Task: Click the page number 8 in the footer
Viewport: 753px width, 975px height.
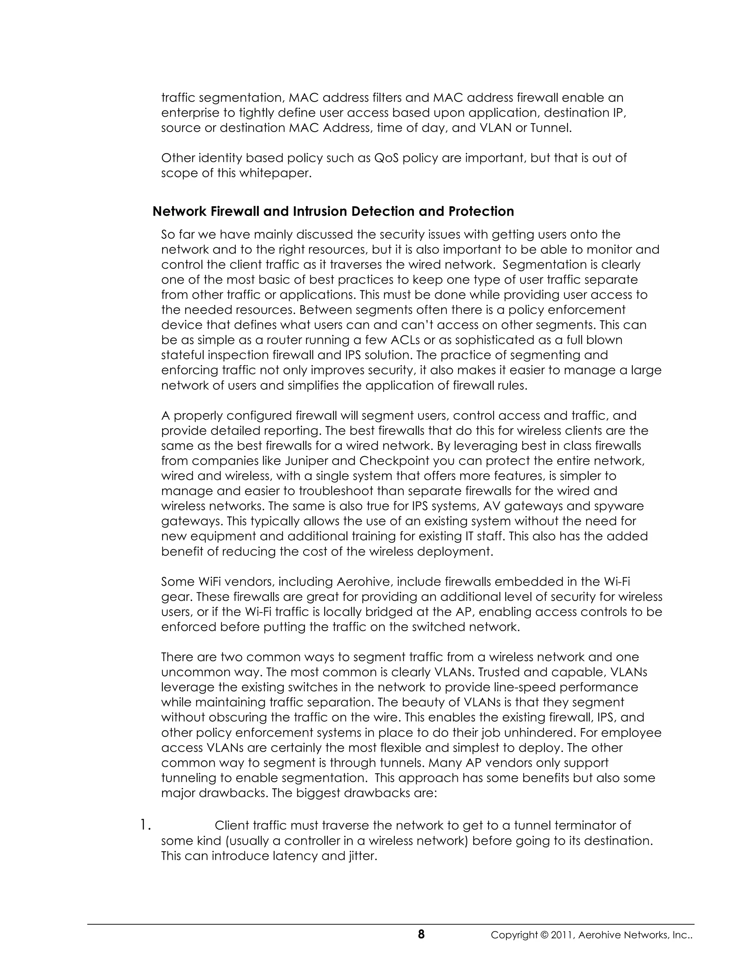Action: click(421, 935)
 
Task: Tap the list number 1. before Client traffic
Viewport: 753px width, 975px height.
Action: click(145, 826)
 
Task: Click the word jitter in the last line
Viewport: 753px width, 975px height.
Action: click(362, 856)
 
